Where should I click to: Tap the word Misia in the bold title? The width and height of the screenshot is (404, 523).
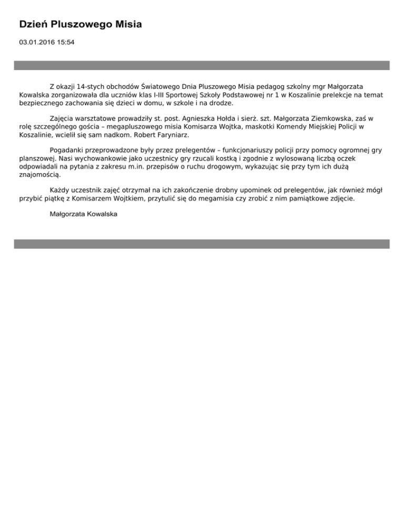126,24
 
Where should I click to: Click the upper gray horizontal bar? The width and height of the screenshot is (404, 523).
201,65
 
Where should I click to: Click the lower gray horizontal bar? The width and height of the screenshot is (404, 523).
201,244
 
